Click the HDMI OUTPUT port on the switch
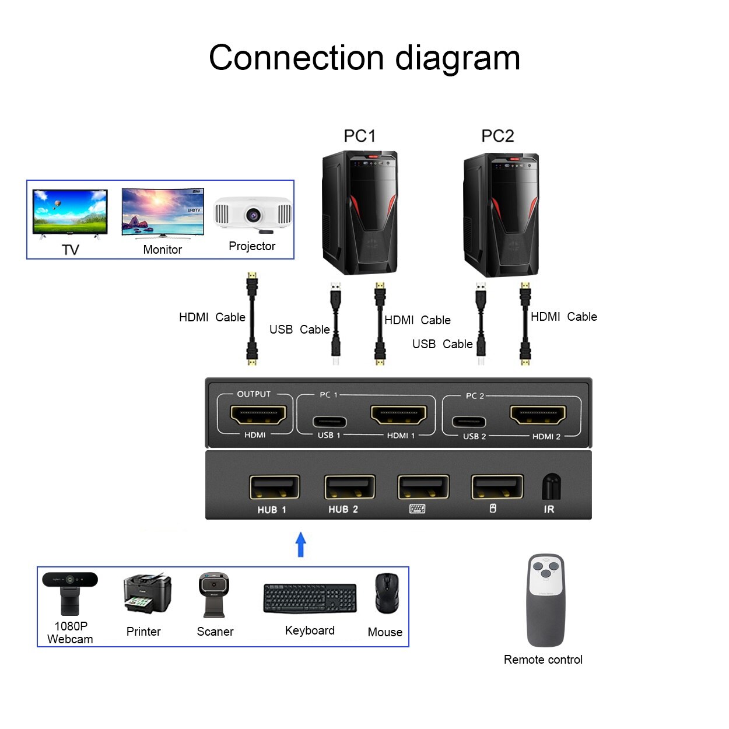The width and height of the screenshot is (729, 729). pyautogui.click(x=258, y=415)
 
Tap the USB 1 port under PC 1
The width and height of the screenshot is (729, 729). pyautogui.click(x=330, y=421)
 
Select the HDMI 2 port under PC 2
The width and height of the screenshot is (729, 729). pyautogui.click(x=538, y=415)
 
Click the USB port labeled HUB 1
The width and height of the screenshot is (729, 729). pyautogui.click(x=274, y=488)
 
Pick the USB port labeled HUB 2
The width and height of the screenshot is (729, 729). pyautogui.click(x=349, y=488)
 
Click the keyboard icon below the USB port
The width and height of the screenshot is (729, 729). pyautogui.click(x=417, y=509)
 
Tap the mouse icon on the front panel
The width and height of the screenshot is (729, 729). pyautogui.click(x=493, y=509)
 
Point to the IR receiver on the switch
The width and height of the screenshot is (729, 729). pyautogui.click(x=551, y=487)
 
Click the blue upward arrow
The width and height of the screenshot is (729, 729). pyautogui.click(x=301, y=544)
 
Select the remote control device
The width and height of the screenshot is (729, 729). pyautogui.click(x=546, y=600)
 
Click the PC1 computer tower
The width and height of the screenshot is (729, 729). pyautogui.click(x=360, y=213)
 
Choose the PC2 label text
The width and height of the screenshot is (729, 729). pyautogui.click(x=497, y=136)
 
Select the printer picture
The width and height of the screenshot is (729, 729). pyautogui.click(x=147, y=593)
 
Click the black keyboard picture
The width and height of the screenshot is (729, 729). pyautogui.click(x=310, y=598)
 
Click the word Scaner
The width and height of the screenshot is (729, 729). pyautogui.click(x=215, y=632)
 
